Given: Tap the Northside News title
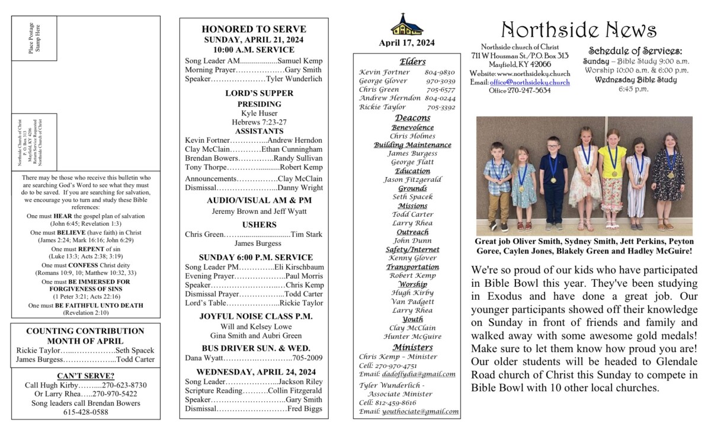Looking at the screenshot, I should click(x=578, y=30).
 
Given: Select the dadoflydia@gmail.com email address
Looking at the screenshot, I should click(x=419, y=374).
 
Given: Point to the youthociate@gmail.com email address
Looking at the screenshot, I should click(x=420, y=411).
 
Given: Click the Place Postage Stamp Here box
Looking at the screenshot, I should click(x=34, y=38).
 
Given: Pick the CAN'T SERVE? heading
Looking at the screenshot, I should click(x=85, y=376).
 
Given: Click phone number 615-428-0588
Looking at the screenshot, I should click(x=85, y=412).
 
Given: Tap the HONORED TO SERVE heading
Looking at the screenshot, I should click(x=254, y=29).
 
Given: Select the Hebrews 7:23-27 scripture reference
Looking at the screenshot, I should click(x=254, y=122).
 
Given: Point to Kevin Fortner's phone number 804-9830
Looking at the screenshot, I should click(x=440, y=72).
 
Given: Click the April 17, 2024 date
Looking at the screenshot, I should click(x=406, y=43).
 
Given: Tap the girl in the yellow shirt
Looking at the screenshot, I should click(x=612, y=178).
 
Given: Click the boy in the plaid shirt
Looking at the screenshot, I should click(x=497, y=184).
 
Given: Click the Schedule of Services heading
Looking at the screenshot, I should click(x=635, y=51).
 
